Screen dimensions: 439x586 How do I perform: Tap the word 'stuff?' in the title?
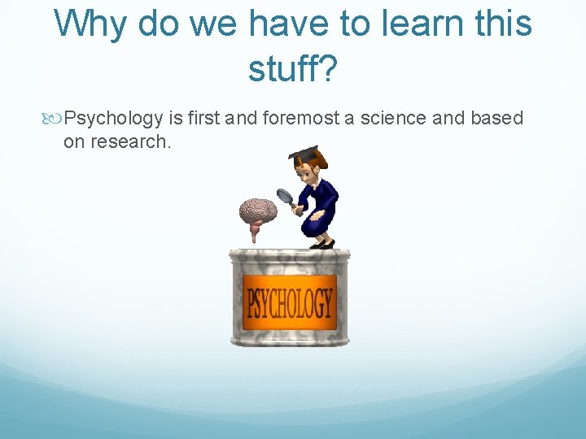292,69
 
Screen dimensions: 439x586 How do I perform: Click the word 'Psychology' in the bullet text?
113,119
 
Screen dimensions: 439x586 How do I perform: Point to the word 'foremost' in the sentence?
299,119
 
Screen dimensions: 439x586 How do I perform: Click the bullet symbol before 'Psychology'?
55,119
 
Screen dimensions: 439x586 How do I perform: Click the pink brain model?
257,213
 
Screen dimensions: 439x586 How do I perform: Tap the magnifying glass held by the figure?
285,196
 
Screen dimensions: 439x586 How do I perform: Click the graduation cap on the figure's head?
304,154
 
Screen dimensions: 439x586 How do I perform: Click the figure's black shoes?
322,244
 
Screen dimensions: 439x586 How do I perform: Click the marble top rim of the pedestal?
290,257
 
